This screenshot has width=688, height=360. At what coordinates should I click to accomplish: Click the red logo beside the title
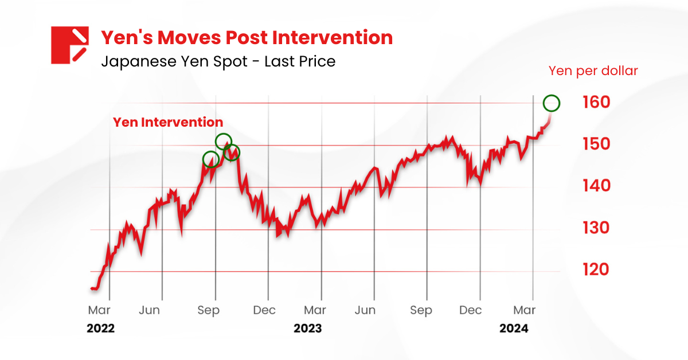(69, 45)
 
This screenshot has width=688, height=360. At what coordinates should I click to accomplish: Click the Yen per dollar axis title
(593, 71)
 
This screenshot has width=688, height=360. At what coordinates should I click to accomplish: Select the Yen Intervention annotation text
(167, 122)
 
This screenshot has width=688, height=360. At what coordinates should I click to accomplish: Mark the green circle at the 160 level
(552, 103)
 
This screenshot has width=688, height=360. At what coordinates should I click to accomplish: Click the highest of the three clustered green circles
(224, 141)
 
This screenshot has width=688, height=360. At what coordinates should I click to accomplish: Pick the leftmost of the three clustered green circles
(210, 159)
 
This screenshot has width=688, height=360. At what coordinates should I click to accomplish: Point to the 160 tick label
(595, 103)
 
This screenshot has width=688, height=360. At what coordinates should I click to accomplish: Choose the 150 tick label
(595, 144)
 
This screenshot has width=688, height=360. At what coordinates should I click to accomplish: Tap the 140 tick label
(595, 186)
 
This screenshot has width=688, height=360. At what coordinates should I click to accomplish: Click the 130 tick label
(595, 228)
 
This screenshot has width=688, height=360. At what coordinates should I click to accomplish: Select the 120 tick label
(595, 270)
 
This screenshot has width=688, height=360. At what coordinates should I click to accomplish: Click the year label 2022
(100, 329)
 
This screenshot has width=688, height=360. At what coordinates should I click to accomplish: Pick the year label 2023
(307, 329)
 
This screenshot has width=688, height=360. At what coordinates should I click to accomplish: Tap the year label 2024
(514, 329)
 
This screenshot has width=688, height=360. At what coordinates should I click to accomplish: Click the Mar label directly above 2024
(524, 311)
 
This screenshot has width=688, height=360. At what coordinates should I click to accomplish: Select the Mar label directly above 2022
(99, 311)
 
